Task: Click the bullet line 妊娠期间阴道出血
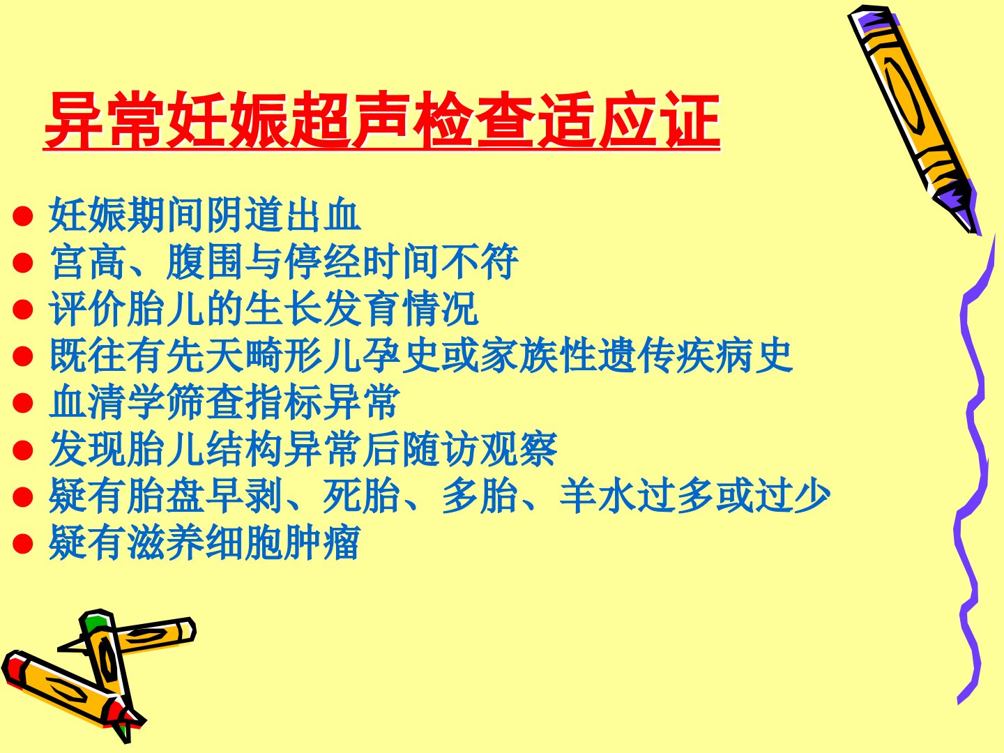coord(205,215)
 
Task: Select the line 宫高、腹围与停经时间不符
coord(284,261)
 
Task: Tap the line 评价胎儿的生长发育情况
coord(264,309)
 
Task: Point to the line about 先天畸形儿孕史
coord(421,356)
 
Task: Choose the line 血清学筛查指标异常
coord(225,402)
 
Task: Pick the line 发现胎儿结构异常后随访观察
coord(303,450)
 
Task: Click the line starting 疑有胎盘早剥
coord(439,496)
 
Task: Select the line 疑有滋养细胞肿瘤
coord(204,542)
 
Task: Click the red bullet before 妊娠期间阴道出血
coord(23,216)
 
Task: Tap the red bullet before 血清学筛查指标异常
coord(23,403)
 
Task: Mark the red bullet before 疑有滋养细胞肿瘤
coord(23,544)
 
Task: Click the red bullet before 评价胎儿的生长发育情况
coord(23,310)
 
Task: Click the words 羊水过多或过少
coord(695,496)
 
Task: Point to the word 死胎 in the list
coord(361,496)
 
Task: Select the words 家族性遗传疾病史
coord(637,356)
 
